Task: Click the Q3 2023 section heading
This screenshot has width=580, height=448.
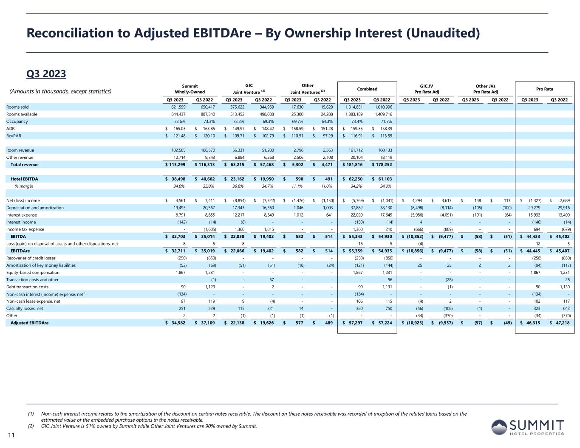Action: click(46, 74)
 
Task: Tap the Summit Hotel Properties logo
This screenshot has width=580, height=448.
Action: click(528, 427)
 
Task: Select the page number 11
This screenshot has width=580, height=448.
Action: click(11, 435)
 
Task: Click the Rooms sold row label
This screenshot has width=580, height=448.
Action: click(17, 107)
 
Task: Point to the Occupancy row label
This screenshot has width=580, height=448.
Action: click(17, 121)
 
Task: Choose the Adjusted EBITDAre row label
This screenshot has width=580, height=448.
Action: click(29, 323)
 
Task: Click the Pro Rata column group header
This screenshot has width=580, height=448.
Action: click(544, 89)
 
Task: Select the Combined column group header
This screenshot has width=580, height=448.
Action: click(367, 89)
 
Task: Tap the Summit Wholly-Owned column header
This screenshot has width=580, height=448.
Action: click(190, 89)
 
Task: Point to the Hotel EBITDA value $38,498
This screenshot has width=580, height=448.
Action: click(176, 179)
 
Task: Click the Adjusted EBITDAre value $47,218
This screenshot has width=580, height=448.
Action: click(560, 323)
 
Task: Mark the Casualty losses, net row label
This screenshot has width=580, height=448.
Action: click(25, 309)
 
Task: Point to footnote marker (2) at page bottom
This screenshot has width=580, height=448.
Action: click(31, 426)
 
